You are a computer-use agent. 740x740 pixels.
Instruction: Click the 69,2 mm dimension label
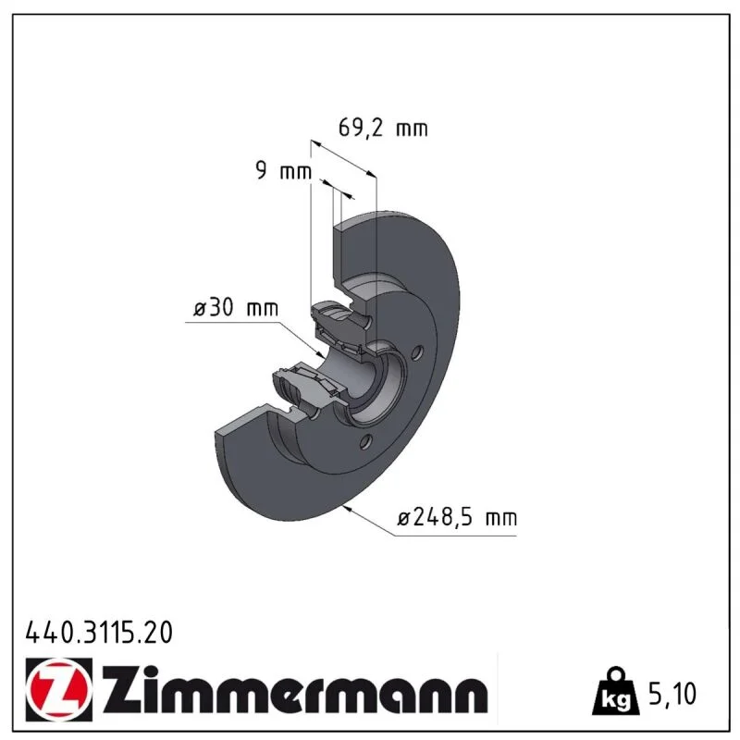click(383, 128)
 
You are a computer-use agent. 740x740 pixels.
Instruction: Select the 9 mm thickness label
click(284, 170)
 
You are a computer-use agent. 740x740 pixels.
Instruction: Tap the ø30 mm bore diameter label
click(236, 308)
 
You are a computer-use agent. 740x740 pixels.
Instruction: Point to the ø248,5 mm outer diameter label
click(457, 518)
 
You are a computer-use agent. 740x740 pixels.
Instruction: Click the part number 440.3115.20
click(99, 633)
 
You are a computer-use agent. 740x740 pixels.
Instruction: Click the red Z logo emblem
click(59, 690)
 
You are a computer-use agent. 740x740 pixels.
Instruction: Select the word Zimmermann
click(295, 690)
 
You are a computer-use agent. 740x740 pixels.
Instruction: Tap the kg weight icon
click(616, 691)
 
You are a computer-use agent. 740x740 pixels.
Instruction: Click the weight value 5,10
click(672, 694)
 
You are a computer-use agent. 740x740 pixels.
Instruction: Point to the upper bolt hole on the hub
click(417, 352)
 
